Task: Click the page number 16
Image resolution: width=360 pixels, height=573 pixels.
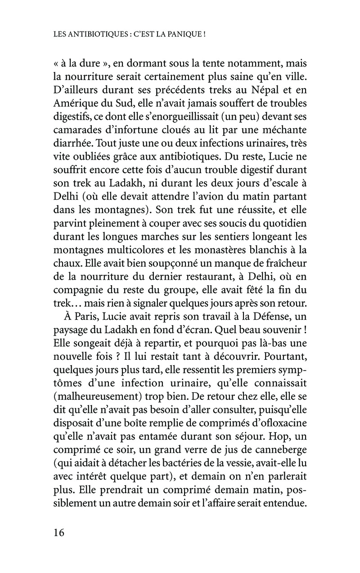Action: pos(58,533)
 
